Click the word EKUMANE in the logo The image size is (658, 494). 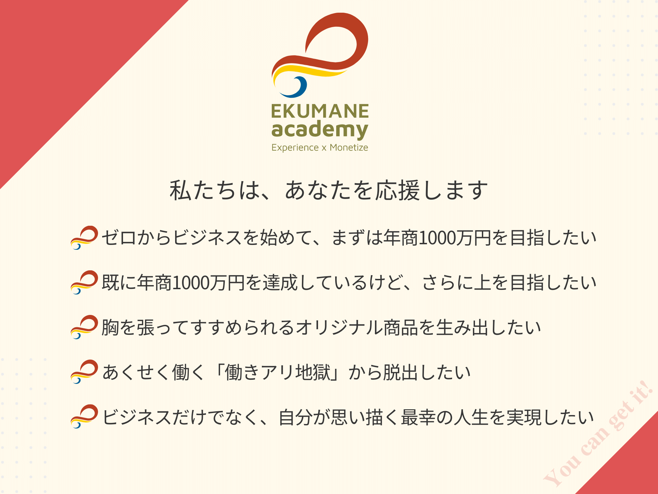tap(320, 111)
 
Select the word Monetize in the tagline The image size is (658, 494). tap(349, 148)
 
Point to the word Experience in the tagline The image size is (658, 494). tap(295, 148)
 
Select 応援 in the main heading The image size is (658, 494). tap(398, 190)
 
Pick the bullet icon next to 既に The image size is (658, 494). tap(84, 282)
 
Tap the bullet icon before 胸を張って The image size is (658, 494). tap(84, 327)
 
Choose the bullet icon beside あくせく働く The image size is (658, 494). tap(84, 372)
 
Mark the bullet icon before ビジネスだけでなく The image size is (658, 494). tap(84, 416)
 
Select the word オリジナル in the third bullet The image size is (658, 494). tap(339, 328)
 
